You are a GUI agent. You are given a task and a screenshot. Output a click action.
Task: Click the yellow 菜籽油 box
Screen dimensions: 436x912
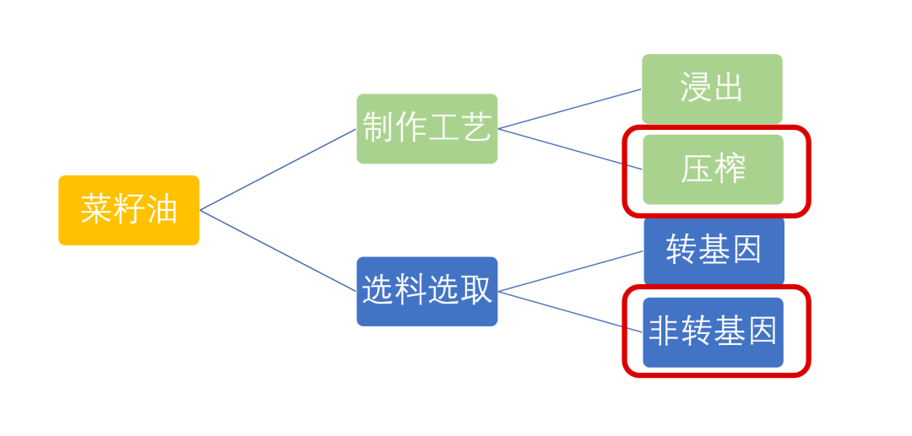[x=128, y=210]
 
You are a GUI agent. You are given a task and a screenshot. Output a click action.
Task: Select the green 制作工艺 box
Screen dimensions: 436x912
[x=426, y=128]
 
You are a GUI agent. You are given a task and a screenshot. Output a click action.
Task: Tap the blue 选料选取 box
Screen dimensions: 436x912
[x=426, y=291]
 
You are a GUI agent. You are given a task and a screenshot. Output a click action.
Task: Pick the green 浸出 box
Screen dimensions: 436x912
[x=712, y=89]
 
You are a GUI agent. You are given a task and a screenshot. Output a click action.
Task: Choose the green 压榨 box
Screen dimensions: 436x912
[x=713, y=170]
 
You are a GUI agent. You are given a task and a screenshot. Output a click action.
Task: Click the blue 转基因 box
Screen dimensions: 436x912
[x=714, y=250]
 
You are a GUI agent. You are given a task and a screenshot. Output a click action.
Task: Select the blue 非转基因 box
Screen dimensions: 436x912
[x=713, y=332]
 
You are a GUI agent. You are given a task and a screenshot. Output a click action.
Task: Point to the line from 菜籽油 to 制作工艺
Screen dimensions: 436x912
[x=278, y=169]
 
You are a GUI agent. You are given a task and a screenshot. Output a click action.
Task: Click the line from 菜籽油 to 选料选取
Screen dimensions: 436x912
[x=278, y=250]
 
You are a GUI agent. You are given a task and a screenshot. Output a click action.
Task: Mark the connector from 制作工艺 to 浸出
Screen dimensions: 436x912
[x=570, y=109]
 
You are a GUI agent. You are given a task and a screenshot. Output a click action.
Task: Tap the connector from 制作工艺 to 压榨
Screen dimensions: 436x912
[x=570, y=148]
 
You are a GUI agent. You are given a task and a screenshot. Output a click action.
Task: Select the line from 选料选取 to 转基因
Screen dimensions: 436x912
[x=570, y=271]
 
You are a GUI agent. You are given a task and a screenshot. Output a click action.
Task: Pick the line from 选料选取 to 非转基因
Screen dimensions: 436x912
[x=570, y=311]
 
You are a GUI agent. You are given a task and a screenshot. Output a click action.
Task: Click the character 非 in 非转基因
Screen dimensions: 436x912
[x=665, y=332]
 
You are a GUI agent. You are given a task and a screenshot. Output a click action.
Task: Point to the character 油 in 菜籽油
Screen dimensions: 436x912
[x=161, y=210]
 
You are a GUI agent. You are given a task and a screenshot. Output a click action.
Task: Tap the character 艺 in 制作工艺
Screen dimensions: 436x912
[x=475, y=128]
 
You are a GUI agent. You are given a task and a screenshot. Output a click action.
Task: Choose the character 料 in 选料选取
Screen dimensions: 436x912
[x=410, y=291]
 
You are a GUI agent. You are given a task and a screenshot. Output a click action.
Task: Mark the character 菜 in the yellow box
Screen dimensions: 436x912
[x=96, y=210]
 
